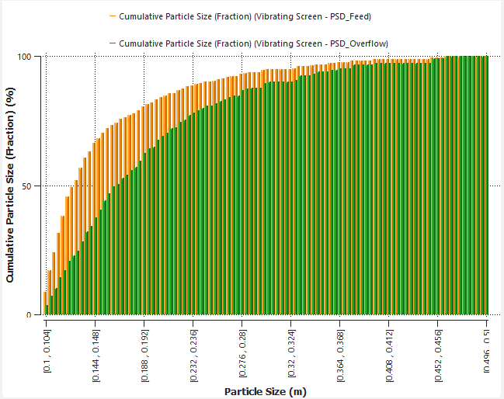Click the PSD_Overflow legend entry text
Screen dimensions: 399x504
254,43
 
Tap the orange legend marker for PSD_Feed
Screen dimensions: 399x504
113,16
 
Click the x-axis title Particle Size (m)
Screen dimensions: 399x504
265,391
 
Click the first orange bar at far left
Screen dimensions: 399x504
44,304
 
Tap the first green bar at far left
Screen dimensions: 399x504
47,310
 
